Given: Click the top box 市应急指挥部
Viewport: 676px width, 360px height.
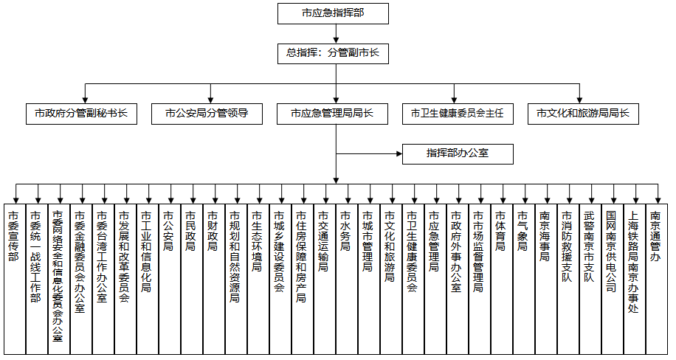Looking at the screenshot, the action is [x=333, y=14].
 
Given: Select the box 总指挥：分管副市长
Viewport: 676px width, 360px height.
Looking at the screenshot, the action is [x=333, y=54].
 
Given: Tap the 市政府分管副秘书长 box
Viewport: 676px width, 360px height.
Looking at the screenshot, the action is [x=81, y=114].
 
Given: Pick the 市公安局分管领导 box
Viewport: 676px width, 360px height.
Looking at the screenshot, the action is [x=207, y=114].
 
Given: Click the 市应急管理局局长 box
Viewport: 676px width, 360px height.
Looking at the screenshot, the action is [x=332, y=114].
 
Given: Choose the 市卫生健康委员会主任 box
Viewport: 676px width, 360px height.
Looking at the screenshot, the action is [x=458, y=114].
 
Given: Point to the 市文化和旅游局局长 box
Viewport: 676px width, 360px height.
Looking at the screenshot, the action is [x=583, y=114].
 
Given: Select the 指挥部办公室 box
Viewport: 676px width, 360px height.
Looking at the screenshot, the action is [x=458, y=154].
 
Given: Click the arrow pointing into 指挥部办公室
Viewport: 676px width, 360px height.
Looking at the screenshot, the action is [x=369, y=153].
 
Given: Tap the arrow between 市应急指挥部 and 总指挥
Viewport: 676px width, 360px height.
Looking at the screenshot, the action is [x=337, y=34].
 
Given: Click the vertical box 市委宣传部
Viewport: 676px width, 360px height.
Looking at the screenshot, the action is [x=15, y=279].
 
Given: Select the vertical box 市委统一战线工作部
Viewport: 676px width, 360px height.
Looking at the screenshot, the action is [x=37, y=279].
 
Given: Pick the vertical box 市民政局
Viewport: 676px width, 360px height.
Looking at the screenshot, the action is [x=192, y=279].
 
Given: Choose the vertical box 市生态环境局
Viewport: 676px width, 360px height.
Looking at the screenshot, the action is [x=258, y=279].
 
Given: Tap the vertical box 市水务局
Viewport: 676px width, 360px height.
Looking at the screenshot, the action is [x=347, y=279].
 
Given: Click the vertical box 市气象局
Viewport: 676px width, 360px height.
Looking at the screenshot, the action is [x=524, y=279].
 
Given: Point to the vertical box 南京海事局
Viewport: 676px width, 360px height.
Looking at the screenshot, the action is [x=546, y=279].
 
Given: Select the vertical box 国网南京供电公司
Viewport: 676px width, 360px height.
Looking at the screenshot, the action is [x=613, y=279].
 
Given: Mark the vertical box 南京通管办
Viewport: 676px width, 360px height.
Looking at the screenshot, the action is [x=657, y=279].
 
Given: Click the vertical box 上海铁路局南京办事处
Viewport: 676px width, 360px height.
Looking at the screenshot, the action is [x=635, y=279].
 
